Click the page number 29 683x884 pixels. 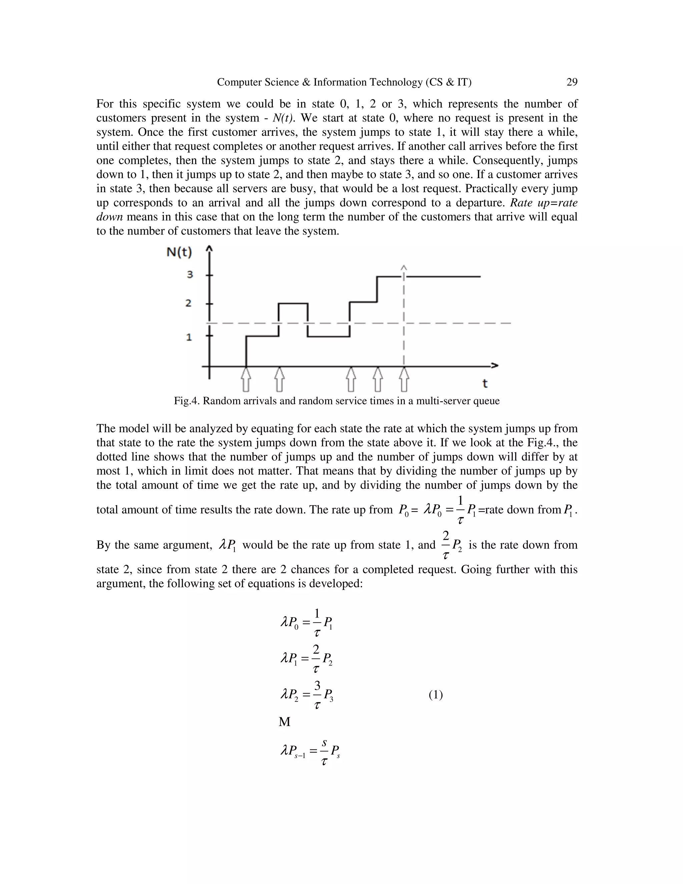pos(572,82)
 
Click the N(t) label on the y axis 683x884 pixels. pos(179,253)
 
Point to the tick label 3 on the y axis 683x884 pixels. pos(189,275)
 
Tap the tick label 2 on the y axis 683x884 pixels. pos(188,303)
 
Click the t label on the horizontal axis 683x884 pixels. pos(485,383)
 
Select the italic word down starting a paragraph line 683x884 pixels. pos(109,217)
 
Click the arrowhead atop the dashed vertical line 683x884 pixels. pos(404,268)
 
